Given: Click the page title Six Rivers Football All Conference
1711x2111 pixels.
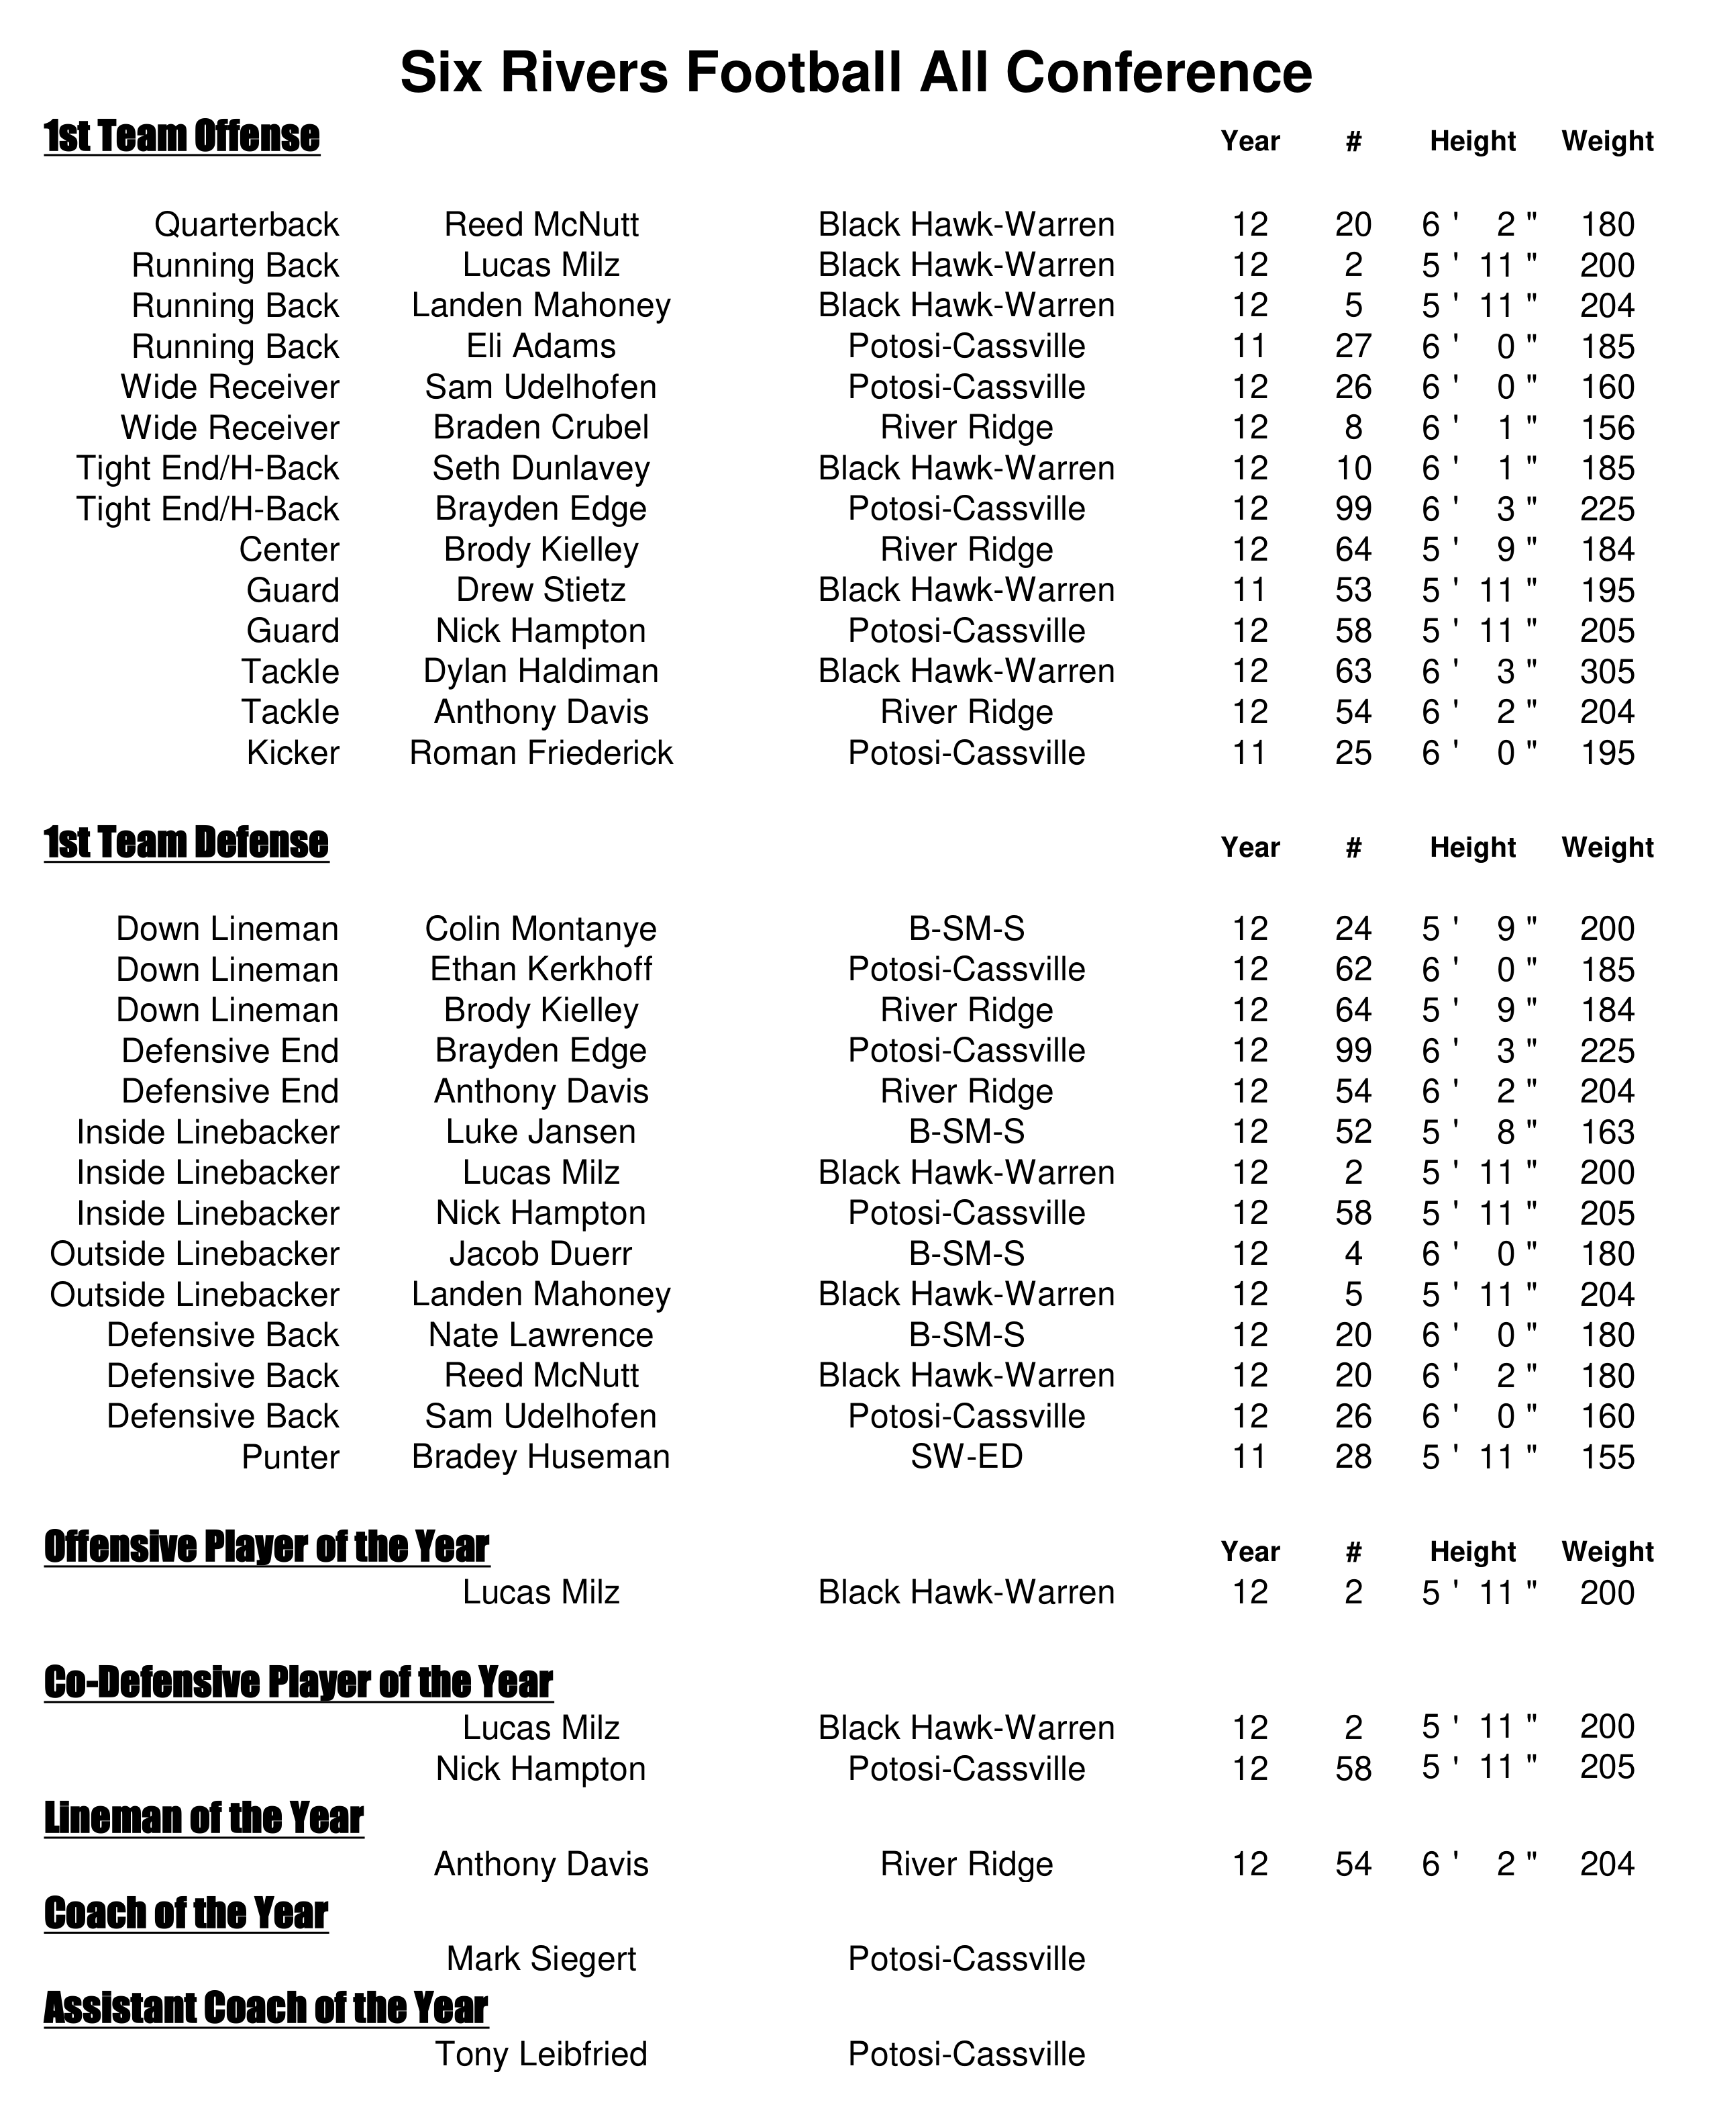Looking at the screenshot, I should pyautogui.click(x=855, y=73).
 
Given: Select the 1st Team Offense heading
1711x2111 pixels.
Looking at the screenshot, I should pyautogui.click(x=183, y=136).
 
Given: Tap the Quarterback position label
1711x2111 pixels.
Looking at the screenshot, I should pyautogui.click(x=246, y=225).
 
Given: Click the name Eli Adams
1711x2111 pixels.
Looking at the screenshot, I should pyautogui.click(x=541, y=347).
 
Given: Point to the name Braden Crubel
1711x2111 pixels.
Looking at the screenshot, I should pyautogui.click(x=541, y=428).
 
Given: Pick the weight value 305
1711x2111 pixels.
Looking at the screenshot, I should pyautogui.click(x=1606, y=672).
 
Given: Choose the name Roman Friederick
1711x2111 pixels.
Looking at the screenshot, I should pyautogui.click(x=541, y=753).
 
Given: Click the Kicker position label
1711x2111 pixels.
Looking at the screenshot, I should pyautogui.click(x=293, y=753).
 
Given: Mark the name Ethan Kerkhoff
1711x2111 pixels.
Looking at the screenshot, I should pyautogui.click(x=541, y=970).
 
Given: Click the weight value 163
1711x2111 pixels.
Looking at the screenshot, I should pyautogui.click(x=1606, y=1132).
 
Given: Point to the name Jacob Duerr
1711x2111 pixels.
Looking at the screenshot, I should pyautogui.click(x=541, y=1254).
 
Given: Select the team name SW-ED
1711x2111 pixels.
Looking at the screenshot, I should pyautogui.click(x=966, y=1457).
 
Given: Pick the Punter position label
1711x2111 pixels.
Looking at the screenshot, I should pyautogui.click(x=291, y=1457).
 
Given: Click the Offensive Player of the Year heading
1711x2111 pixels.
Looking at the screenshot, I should pyautogui.click(x=266, y=1547).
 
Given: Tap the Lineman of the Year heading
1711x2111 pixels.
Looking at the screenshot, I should pyautogui.click(x=204, y=1818).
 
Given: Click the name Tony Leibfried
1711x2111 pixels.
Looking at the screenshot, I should pyautogui.click(x=541, y=2054).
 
